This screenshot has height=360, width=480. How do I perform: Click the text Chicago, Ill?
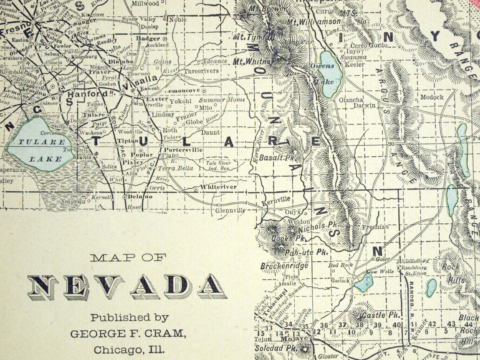(129, 350)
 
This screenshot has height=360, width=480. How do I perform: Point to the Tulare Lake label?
(42, 150)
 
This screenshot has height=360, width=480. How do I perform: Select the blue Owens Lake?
(330, 74)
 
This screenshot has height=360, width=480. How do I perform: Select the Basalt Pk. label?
(277, 158)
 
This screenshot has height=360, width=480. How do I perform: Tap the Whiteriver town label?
(218, 187)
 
